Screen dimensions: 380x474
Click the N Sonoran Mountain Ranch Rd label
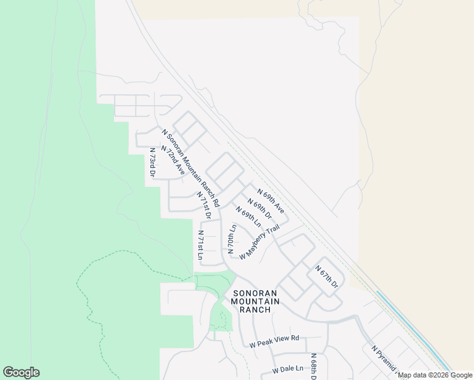click(x=190, y=168)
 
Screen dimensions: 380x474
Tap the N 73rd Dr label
click(x=153, y=163)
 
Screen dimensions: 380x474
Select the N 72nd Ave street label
click(x=173, y=161)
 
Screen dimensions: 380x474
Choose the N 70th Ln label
click(x=232, y=238)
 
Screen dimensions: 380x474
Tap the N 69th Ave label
click(x=271, y=200)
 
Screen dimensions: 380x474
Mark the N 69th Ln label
click(x=248, y=216)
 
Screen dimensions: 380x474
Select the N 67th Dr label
click(x=327, y=277)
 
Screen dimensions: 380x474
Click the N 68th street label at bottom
click(x=313, y=367)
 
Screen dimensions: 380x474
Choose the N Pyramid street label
click(x=383, y=361)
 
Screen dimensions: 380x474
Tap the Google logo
click(x=21, y=372)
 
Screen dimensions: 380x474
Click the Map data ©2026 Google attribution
click(x=435, y=375)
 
